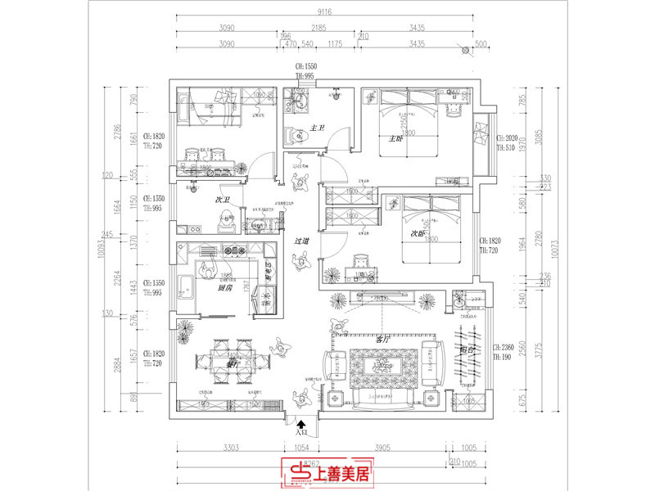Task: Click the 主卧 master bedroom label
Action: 395,138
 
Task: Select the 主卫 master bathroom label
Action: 318,128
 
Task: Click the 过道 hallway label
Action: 302,241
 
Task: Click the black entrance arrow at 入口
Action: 302,425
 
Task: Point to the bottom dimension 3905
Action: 383,448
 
